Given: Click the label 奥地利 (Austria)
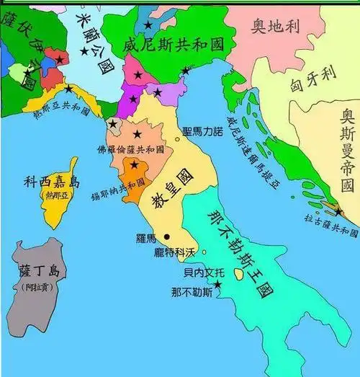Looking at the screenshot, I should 276,27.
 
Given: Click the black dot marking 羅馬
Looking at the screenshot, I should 167,236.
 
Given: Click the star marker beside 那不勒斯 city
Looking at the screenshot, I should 217,285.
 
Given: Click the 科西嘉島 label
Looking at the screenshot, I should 46,182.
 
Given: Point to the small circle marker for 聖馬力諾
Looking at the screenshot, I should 177,138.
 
